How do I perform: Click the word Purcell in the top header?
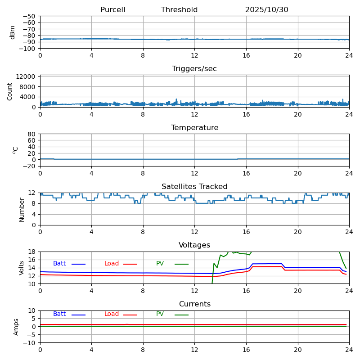coord(112,10)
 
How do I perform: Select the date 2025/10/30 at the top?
coord(266,10)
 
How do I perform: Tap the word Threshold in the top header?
coord(179,10)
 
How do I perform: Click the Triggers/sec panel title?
coord(194,69)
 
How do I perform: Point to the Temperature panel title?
coord(194,128)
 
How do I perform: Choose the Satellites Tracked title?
coord(194,187)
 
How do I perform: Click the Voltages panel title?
coord(194,245)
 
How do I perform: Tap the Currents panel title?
coord(194,304)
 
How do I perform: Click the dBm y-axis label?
coord(13,32)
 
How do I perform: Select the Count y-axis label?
coord(10,91)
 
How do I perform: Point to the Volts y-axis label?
coord(22,268)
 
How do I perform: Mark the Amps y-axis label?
coord(16,327)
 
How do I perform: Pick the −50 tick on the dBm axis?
coord(28,16)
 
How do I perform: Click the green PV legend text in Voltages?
coord(160,264)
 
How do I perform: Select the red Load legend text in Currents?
coord(112,314)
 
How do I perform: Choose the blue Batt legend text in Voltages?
coord(59,264)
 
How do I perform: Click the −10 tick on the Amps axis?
coord(28,343)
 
